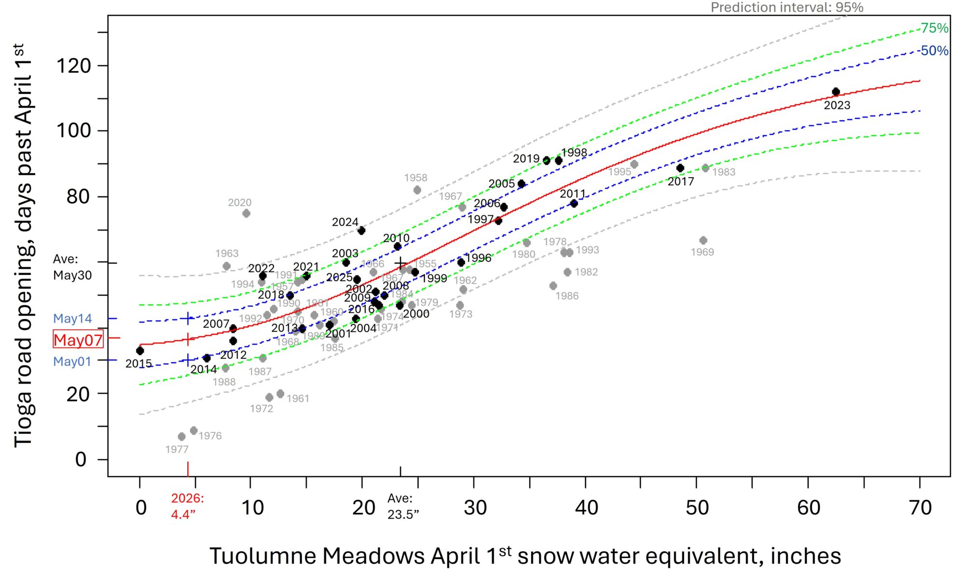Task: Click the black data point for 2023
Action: (836, 92)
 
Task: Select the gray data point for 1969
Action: (703, 240)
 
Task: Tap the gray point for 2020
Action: (246, 213)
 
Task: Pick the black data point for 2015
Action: (140, 351)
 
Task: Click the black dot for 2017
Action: (680, 168)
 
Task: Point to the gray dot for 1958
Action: (417, 190)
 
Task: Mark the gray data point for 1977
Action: (181, 437)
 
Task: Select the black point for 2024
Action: (361, 231)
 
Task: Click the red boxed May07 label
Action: (78, 340)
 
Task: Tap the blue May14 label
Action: (72, 318)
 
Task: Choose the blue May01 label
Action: (72, 361)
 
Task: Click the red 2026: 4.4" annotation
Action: (188, 506)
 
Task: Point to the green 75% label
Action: (934, 28)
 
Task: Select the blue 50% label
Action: (934, 51)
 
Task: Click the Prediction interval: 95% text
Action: (787, 7)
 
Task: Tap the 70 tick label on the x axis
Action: (920, 508)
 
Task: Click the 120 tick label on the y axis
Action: (74, 66)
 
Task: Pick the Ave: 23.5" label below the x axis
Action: (403, 506)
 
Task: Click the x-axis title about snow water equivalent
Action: (525, 556)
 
